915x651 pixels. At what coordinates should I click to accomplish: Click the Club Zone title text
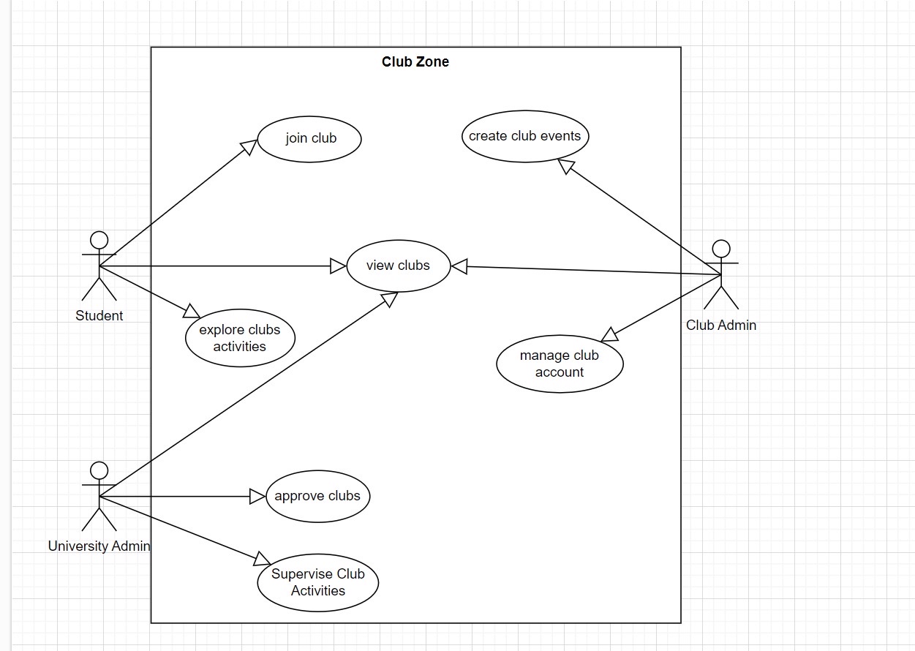click(x=415, y=62)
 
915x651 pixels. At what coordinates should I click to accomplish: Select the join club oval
click(x=310, y=138)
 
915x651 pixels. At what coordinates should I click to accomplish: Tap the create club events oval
click(x=524, y=136)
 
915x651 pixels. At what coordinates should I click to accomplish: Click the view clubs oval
click(x=398, y=266)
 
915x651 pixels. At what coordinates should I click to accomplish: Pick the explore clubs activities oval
click(x=240, y=338)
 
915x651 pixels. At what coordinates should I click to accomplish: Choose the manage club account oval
click(x=560, y=364)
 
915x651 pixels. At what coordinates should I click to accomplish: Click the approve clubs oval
click(x=317, y=496)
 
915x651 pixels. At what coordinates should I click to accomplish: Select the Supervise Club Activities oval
click(x=317, y=582)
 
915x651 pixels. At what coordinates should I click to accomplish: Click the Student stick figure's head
click(x=99, y=240)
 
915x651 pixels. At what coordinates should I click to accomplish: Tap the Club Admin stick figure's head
click(x=721, y=249)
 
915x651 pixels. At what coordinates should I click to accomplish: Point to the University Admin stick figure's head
click(x=99, y=470)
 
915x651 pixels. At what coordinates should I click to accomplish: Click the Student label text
click(x=99, y=316)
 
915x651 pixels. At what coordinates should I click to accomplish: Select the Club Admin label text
click(x=721, y=325)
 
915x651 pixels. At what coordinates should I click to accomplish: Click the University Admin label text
click(x=99, y=546)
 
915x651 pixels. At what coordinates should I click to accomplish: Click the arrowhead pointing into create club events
click(x=565, y=166)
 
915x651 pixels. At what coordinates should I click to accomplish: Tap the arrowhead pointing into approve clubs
click(x=257, y=497)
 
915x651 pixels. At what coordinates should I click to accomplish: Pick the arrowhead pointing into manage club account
click(x=609, y=335)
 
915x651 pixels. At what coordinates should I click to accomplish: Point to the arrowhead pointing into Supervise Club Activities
click(x=262, y=560)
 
